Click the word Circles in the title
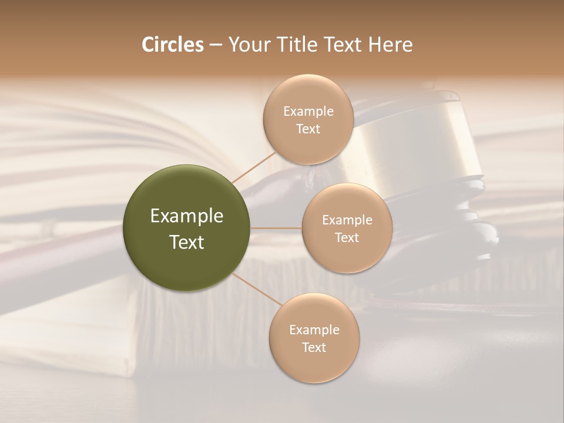pos(172,45)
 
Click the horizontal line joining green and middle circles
pos(276,228)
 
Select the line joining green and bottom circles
pos(257,290)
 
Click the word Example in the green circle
pos(187,216)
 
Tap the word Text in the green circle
pos(187,242)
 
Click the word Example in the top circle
pos(308,112)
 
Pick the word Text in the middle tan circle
pos(347,238)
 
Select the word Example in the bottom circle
pos(314,330)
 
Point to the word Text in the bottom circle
pos(314,348)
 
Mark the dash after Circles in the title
pos(216,45)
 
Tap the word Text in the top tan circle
pos(308,129)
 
